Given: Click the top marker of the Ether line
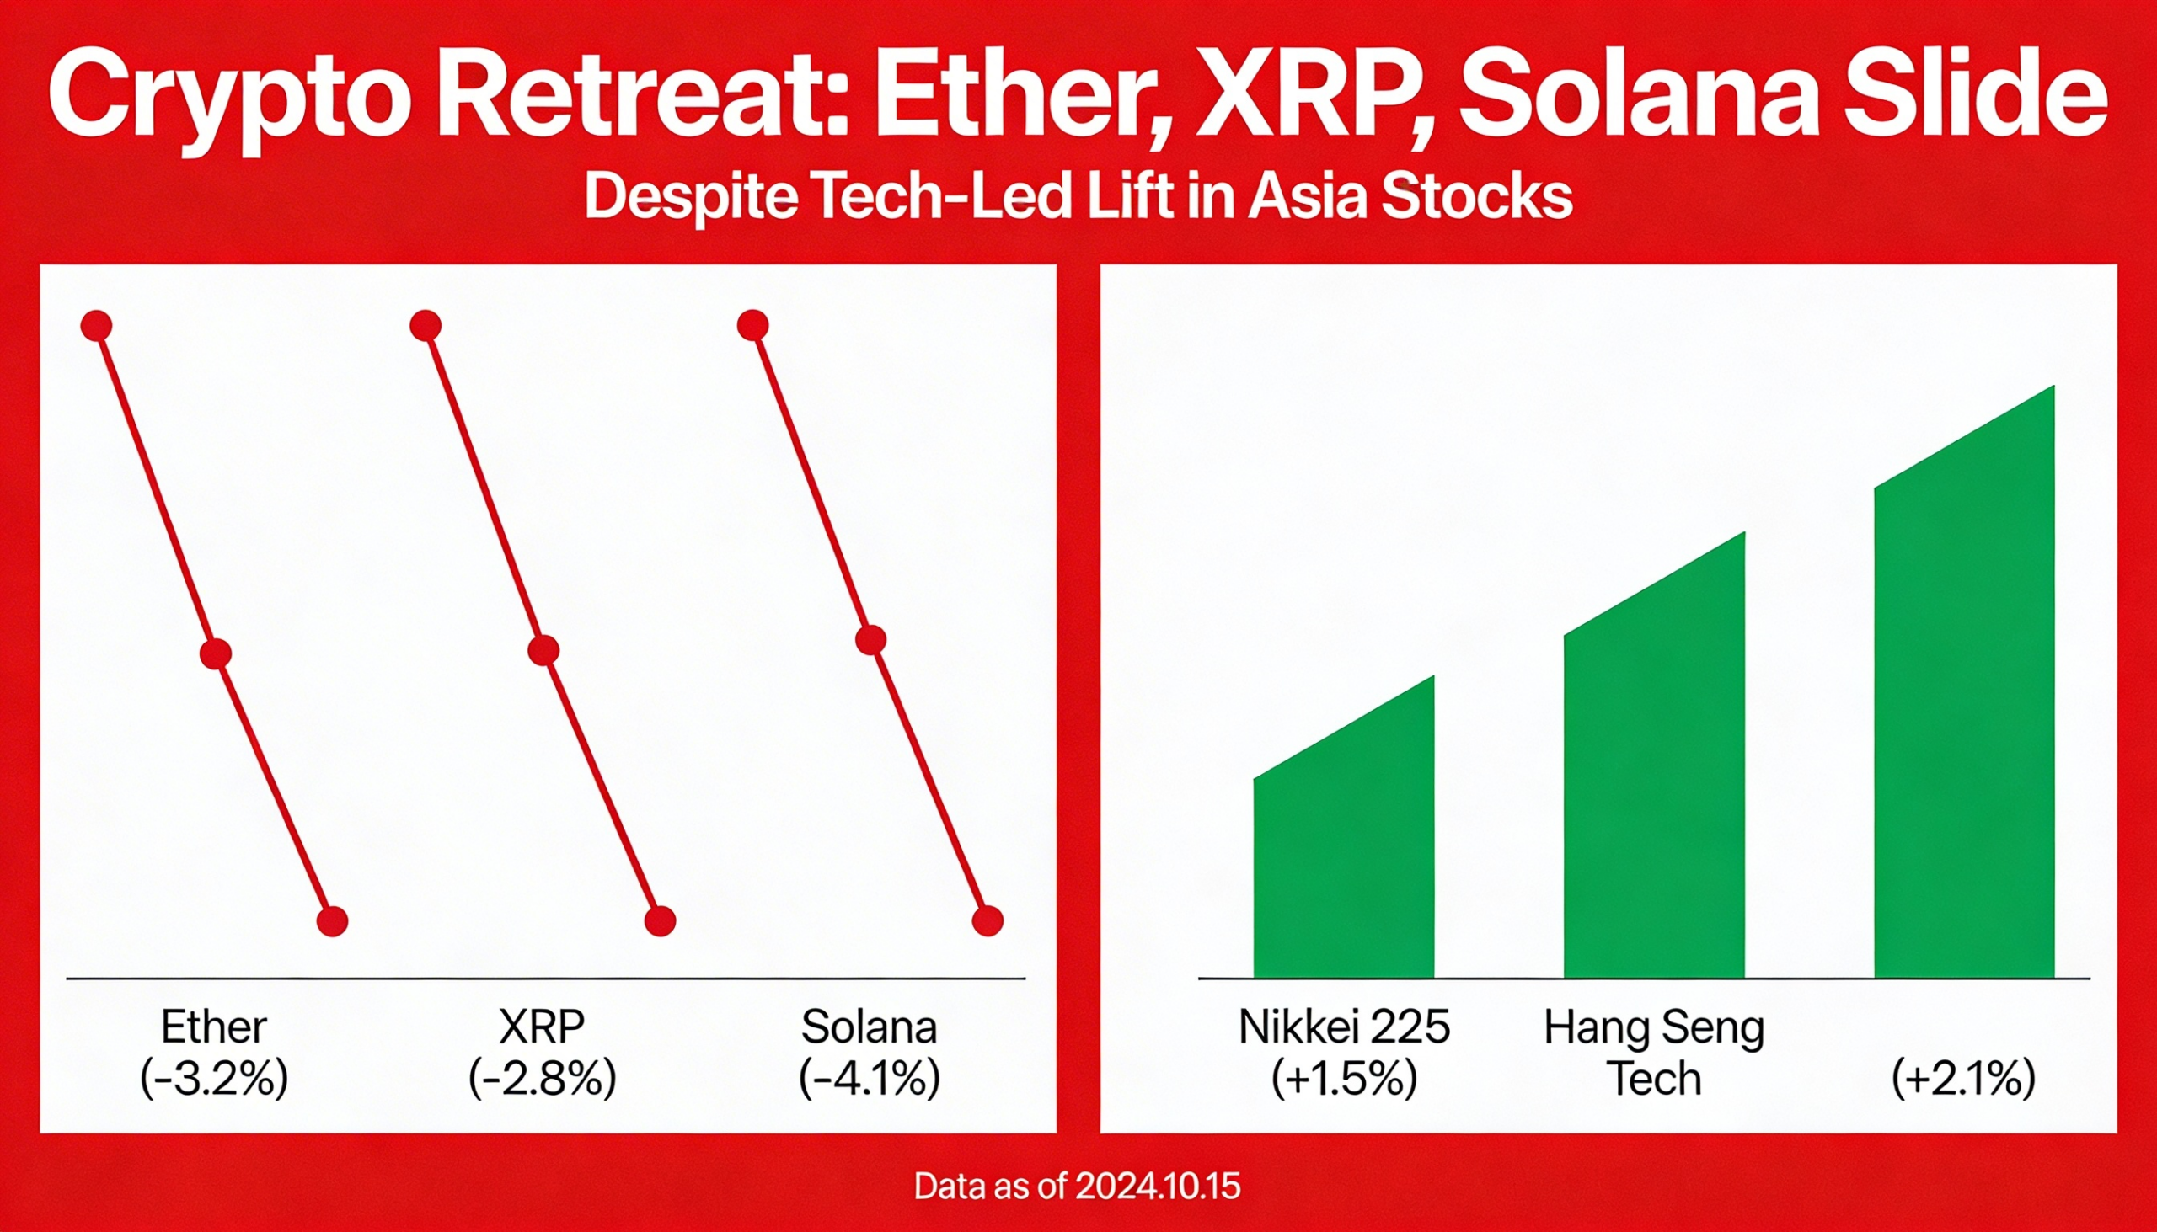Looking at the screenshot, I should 97,326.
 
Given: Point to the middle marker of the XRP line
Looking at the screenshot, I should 543,650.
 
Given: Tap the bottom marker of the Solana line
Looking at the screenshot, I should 988,920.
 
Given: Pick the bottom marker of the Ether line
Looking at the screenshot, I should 332,920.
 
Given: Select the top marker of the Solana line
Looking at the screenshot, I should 752,325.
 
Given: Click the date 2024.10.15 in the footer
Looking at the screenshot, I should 1158,1187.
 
